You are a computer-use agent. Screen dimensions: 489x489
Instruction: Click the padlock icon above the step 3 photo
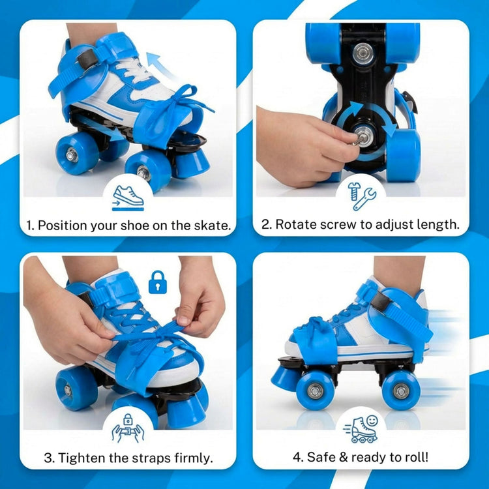[x=157, y=282]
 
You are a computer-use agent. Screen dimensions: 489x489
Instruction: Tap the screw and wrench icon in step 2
[x=361, y=195]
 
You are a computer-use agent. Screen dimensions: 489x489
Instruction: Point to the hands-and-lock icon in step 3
[x=128, y=428]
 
